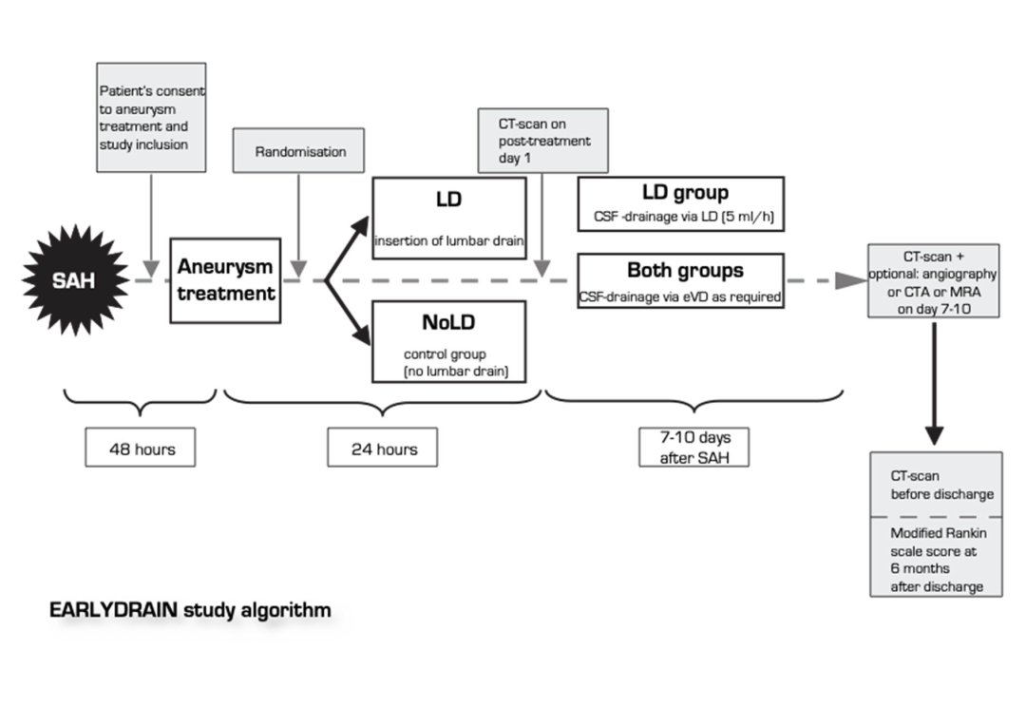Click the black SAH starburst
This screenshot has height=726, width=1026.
pyautogui.click(x=77, y=279)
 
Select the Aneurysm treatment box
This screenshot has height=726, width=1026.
pyautogui.click(x=226, y=279)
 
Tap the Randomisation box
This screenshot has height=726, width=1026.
pyautogui.click(x=300, y=152)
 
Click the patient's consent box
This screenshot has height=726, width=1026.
pyautogui.click(x=152, y=118)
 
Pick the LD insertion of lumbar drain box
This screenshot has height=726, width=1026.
pyautogui.click(x=449, y=218)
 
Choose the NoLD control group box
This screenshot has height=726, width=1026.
pyautogui.click(x=449, y=341)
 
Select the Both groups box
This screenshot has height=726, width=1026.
pyautogui.click(x=680, y=280)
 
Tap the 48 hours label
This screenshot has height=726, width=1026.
pyautogui.click(x=142, y=448)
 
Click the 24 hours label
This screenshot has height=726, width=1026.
pyautogui.click(x=382, y=448)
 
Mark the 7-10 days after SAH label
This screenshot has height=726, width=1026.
pyautogui.click(x=693, y=448)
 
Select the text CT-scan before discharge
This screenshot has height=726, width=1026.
pyautogui.click(x=929, y=486)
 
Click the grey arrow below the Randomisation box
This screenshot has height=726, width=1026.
pyautogui.click(x=300, y=228)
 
